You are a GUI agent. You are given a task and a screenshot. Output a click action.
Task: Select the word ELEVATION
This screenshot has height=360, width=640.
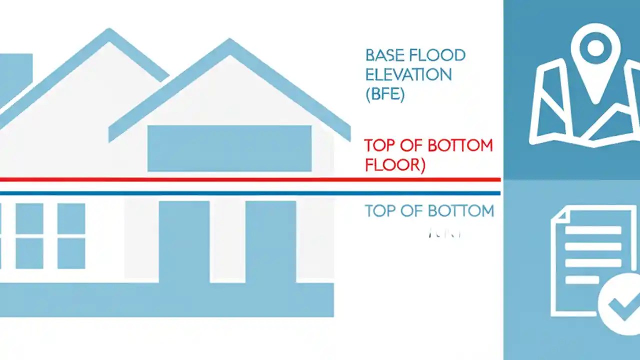[408, 75]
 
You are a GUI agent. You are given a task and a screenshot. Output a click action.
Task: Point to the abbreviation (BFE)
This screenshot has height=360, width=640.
[385, 94]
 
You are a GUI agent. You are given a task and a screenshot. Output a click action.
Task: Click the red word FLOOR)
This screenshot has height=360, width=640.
[395, 164]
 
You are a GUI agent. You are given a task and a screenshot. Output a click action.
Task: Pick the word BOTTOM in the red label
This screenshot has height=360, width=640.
[460, 146]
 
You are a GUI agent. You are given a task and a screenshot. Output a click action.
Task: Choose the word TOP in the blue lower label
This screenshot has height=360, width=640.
[382, 211]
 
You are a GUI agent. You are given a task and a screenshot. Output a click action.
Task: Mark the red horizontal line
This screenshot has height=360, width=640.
[250, 179]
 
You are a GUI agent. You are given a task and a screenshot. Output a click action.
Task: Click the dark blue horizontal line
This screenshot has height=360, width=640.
[250, 193]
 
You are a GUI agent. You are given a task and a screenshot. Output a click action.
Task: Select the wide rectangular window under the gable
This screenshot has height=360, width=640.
[229, 148]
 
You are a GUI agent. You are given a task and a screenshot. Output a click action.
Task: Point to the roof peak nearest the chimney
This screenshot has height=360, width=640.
[109, 33]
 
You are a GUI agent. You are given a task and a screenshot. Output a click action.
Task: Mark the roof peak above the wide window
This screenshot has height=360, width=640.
[229, 44]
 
